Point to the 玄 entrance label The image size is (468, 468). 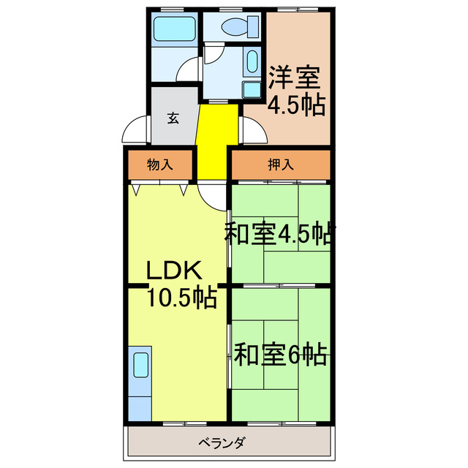(173, 118)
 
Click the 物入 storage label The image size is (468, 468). (159, 165)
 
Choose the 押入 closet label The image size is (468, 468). (280, 165)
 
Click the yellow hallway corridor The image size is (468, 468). (216, 139)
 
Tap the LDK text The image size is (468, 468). (173, 271)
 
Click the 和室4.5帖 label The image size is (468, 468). (279, 234)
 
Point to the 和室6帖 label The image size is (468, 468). (279, 355)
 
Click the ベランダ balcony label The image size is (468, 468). (221, 443)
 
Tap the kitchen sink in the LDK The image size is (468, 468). (140, 364)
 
